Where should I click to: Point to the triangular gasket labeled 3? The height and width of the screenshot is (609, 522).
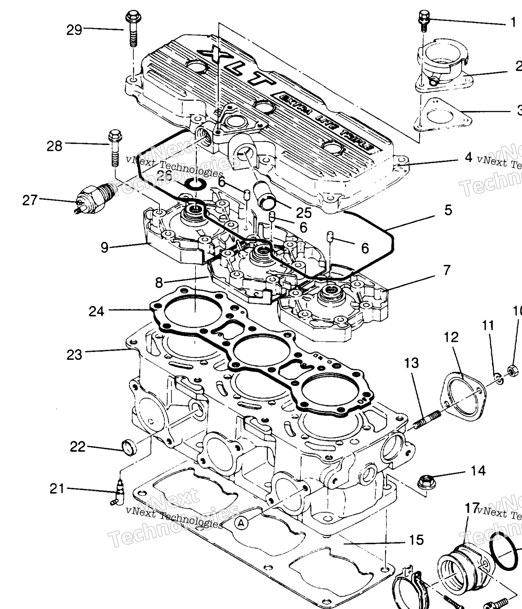point(442,116)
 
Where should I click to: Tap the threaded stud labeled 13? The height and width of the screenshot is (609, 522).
point(428,420)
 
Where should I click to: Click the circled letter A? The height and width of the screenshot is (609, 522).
point(241,523)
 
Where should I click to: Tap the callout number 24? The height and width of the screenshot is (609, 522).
point(96,311)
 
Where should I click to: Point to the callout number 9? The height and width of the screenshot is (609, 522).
point(105,247)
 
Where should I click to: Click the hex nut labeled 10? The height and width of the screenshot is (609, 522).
point(512,370)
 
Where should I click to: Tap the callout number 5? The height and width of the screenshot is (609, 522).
point(448,210)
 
